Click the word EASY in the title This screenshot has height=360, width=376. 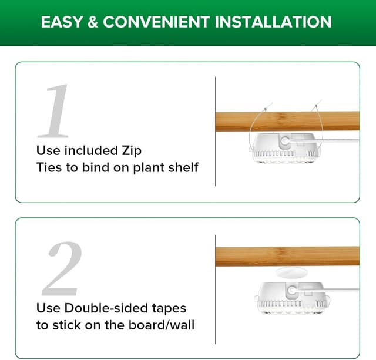point(62,22)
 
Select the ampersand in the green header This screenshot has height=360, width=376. point(93,22)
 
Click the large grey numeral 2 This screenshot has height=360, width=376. point(62,268)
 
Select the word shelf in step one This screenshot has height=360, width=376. point(183,167)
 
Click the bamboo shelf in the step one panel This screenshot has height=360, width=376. point(235,122)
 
